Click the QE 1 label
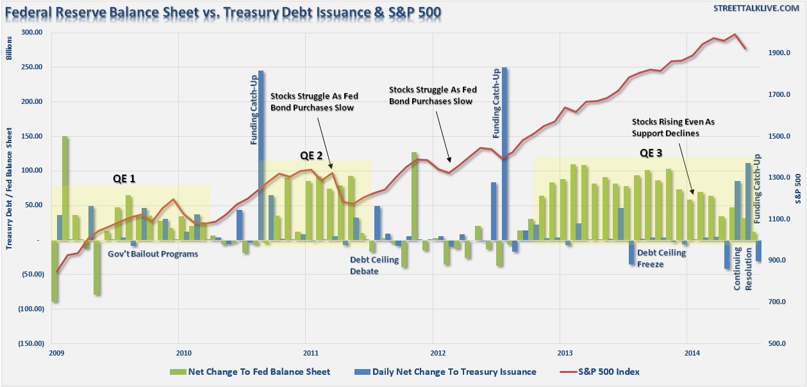124,178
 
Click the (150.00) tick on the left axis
31,343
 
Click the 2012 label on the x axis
437,352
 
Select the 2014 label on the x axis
692,352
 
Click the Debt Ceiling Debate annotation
374,265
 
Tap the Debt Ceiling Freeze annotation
661,258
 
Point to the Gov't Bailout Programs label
153,254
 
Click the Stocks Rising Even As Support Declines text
665,127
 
